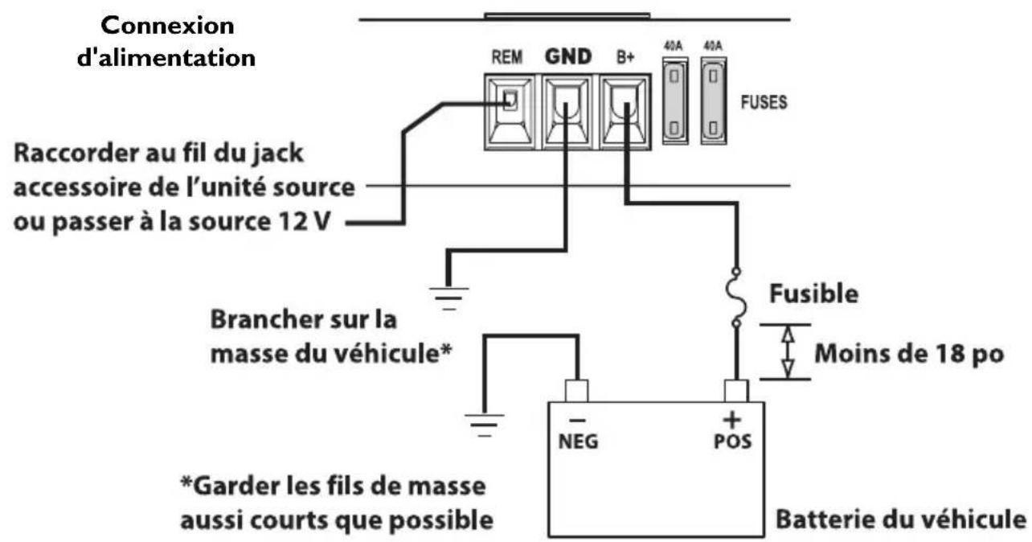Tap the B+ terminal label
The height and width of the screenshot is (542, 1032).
(625, 59)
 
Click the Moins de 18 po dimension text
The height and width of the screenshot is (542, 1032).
(908, 352)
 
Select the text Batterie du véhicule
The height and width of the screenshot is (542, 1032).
(902, 518)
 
